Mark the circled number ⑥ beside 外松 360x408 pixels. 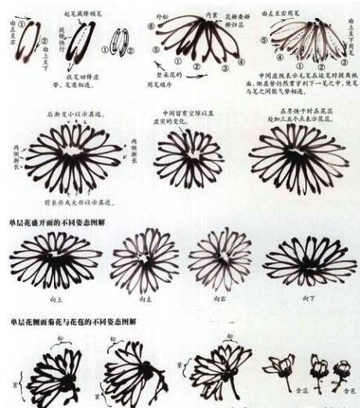tap(155, 26)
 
